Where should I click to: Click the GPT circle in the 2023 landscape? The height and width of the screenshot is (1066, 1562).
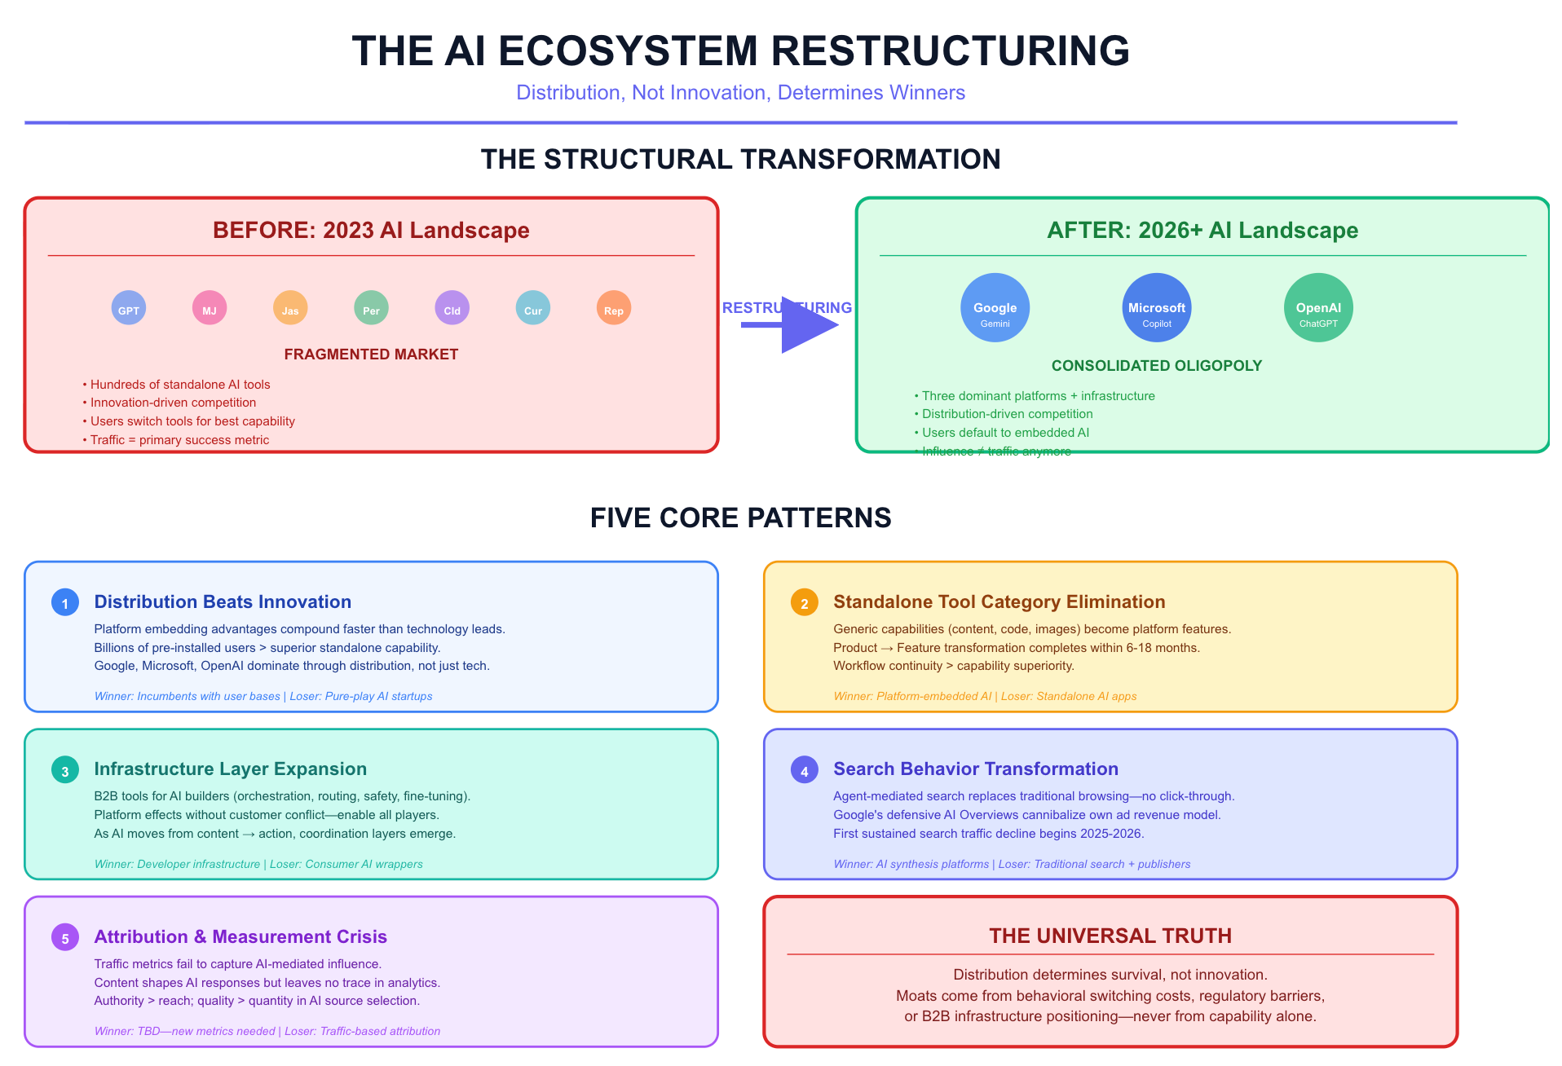(129, 309)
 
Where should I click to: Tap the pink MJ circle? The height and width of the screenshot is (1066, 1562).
(210, 309)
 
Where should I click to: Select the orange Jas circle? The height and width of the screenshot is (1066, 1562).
(290, 309)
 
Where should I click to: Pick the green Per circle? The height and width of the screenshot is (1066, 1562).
(371, 309)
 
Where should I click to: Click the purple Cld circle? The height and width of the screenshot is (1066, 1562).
(452, 309)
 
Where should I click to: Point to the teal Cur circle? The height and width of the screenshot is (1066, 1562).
(533, 309)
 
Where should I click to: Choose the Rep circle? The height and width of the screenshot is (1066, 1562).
(614, 309)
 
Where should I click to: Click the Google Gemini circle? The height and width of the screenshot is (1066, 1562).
(995, 308)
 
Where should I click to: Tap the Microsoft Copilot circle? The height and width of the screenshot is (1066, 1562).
(1156, 308)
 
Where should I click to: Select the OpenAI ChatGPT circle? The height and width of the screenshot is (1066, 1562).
(1318, 308)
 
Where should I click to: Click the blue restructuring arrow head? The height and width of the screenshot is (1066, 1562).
(807, 325)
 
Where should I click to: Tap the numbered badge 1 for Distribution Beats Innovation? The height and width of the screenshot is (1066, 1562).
(65, 603)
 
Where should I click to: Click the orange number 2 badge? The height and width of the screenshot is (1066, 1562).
(804, 603)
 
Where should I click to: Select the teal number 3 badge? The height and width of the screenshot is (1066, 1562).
(65, 770)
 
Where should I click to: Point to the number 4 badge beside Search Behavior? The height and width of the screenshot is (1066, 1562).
(804, 770)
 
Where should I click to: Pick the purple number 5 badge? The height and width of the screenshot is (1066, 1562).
(65, 938)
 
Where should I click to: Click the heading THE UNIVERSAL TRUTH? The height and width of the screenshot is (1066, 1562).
(1110, 936)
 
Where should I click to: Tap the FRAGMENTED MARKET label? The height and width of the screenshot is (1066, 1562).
(371, 355)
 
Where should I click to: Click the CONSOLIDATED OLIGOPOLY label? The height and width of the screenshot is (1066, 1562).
(1156, 366)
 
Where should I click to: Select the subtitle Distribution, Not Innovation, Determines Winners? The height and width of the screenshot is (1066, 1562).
(740, 93)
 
